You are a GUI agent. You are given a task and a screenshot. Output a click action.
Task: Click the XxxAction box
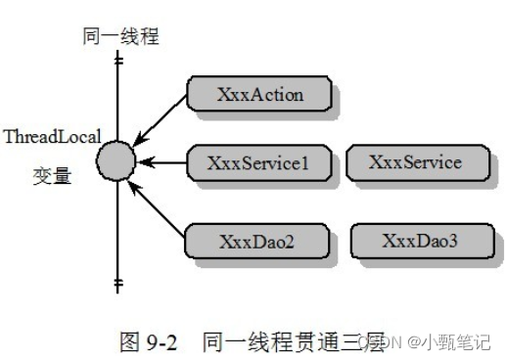[x=259, y=95]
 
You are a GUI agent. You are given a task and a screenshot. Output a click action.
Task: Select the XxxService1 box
[x=257, y=162]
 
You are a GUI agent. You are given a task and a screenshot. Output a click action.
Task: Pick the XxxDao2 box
[x=257, y=240]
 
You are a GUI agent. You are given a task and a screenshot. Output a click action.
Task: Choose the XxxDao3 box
[x=418, y=240]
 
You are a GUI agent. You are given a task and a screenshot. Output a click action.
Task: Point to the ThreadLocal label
[x=51, y=137]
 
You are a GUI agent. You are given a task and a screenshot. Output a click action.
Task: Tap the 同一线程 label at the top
[x=120, y=37]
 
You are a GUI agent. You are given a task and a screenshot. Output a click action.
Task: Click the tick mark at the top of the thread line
[x=118, y=61]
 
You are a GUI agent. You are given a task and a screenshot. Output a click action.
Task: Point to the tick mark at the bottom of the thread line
[x=118, y=286]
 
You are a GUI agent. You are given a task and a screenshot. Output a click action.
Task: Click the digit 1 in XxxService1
[x=303, y=162]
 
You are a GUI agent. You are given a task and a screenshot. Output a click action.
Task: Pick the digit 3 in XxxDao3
[x=453, y=240]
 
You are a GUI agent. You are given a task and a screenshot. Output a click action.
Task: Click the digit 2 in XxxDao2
[x=290, y=240]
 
